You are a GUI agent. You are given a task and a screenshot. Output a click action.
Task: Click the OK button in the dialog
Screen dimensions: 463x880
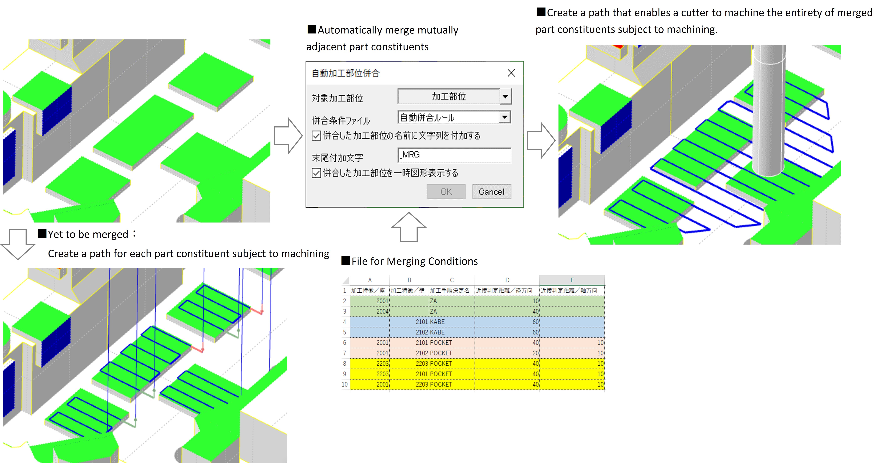click(446, 192)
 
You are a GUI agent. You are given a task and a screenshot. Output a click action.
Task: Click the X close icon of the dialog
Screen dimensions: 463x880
click(511, 73)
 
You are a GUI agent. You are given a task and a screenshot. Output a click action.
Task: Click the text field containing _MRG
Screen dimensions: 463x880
click(454, 155)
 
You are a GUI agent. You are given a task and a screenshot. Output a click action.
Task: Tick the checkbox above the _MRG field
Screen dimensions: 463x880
click(316, 136)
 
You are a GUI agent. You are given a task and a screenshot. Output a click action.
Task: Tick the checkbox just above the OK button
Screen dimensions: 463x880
click(316, 173)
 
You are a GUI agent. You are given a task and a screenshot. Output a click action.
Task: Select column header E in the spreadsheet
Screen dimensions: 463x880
click(572, 280)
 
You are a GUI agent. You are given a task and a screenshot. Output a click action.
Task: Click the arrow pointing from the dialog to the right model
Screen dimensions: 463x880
click(540, 140)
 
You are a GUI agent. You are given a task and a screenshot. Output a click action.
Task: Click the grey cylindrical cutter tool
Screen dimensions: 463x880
click(769, 113)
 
